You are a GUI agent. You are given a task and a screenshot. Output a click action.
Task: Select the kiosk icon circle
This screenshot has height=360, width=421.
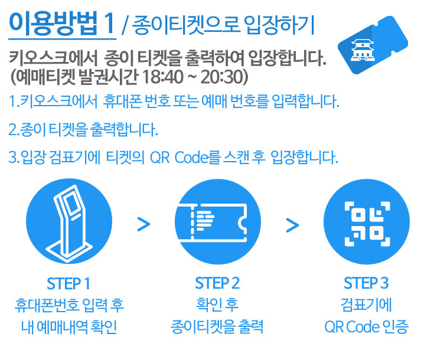pos(69,223)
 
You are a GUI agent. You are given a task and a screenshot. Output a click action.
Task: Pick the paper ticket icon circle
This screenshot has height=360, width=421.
pos(218,223)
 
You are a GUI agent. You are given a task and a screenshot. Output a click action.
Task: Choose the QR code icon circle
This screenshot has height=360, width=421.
pos(366,223)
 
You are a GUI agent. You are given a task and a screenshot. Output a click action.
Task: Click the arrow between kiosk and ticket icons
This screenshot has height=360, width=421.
pos(143,224)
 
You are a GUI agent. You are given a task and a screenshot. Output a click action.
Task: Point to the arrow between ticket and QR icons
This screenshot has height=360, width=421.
pos(292,224)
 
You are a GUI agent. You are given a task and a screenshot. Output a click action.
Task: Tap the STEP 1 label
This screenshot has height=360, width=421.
pos(69,283)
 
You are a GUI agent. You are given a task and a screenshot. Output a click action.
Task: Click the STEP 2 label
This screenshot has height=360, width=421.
pos(218,283)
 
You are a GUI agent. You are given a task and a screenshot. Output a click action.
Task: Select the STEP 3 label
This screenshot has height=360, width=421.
pos(366,283)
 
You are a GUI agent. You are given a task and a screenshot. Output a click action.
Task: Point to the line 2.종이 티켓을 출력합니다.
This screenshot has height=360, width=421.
pos(84,129)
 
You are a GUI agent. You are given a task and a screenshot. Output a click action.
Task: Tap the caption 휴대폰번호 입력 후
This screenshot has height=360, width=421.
pos(69,306)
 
